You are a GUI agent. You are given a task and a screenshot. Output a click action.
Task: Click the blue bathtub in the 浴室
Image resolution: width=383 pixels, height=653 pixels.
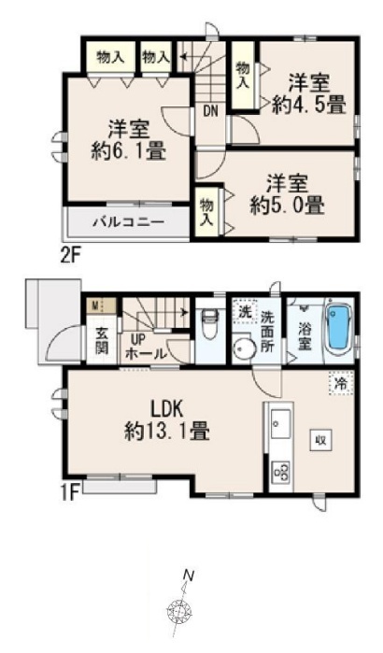[339, 328]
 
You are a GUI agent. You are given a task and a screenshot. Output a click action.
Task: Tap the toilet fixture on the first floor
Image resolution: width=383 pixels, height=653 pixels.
[209, 321]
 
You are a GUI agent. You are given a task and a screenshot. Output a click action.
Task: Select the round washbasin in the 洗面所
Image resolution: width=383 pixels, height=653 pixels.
[244, 348]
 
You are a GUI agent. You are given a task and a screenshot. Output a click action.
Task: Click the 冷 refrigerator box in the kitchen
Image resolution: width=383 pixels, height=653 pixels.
[341, 383]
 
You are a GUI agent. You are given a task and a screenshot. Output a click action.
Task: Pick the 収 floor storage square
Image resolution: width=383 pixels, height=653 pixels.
[320, 440]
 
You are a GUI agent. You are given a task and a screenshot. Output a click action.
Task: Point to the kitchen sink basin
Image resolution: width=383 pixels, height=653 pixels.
[280, 423]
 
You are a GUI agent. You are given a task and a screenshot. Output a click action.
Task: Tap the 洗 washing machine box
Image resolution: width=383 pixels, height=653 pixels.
[245, 312]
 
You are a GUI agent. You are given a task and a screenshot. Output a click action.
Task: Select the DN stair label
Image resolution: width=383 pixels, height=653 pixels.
[211, 111]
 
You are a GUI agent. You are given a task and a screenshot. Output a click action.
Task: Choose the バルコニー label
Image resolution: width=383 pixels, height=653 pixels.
[128, 221]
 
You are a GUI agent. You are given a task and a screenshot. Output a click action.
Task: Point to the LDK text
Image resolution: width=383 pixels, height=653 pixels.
[166, 410]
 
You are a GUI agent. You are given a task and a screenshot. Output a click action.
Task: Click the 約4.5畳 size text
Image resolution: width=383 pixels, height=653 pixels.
[309, 105]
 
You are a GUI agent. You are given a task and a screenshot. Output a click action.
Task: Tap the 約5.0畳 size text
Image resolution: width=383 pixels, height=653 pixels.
[288, 206]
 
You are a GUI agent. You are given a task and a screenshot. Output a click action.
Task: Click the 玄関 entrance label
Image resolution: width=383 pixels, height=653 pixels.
[102, 341]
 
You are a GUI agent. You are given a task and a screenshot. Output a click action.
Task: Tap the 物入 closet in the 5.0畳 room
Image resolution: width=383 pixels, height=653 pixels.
[206, 212]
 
